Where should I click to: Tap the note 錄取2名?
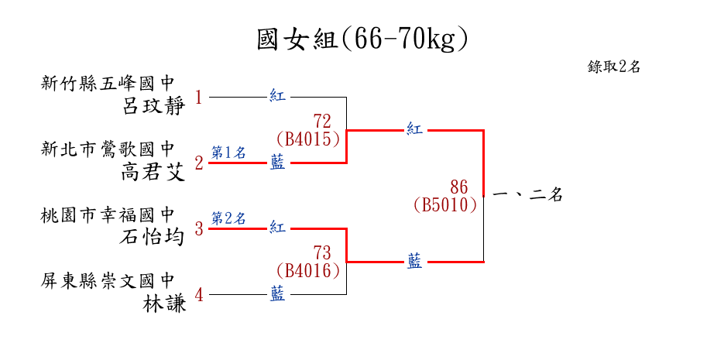point(614,67)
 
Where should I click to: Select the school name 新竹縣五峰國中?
point(108,82)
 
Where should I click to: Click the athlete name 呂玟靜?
point(154,105)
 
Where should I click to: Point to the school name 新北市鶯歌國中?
point(108,149)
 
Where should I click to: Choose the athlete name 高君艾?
point(154,172)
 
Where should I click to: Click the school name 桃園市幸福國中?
point(108,214)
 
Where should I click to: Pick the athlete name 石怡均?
point(154,236)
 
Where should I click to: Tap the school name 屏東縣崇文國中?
point(108,280)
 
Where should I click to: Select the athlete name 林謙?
point(165,303)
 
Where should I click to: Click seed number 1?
point(199,98)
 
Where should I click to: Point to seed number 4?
point(199,295)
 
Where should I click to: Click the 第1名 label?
point(228,153)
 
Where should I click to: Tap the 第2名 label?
point(228,218)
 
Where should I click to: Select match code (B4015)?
point(308,139)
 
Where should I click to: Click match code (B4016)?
point(308,271)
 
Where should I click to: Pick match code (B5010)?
point(445,205)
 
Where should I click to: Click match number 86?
point(459,187)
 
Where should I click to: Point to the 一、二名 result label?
point(527,196)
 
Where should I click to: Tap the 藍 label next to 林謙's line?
point(277,294)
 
